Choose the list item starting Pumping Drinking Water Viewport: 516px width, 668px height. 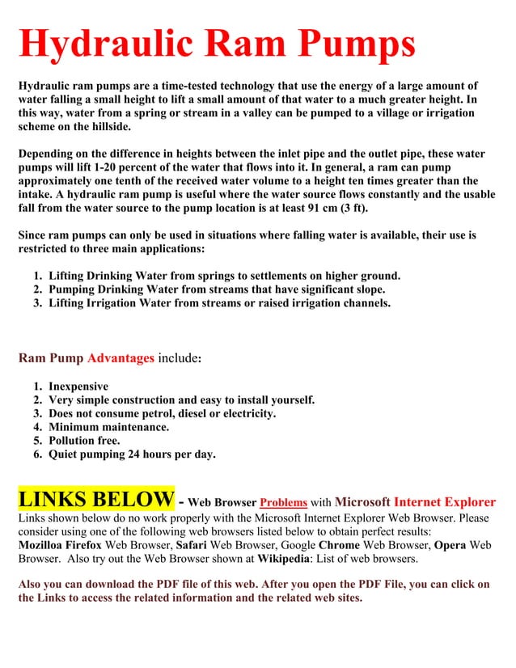point(217,290)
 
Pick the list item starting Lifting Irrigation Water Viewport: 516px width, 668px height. point(219,303)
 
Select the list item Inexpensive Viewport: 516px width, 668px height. point(78,387)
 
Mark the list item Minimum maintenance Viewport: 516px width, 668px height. point(109,427)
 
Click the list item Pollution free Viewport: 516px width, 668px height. point(84,441)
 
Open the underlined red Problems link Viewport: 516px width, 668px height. point(283,501)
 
